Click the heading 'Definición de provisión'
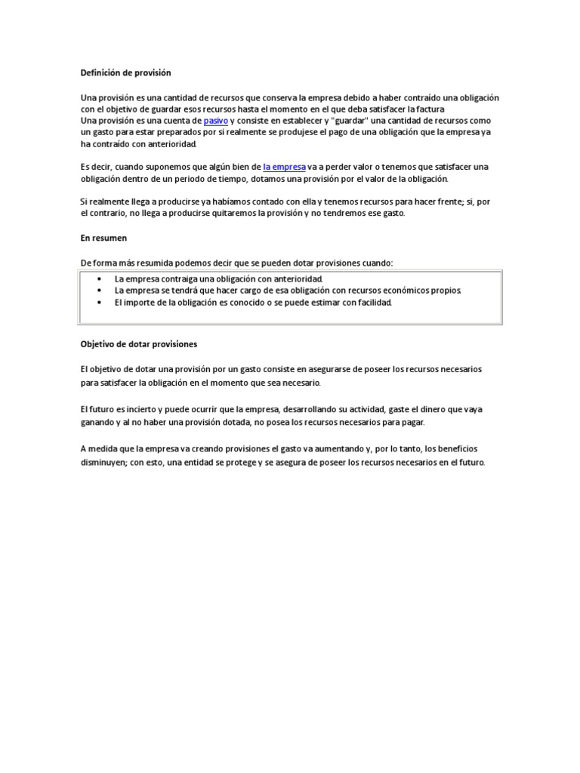click(x=125, y=72)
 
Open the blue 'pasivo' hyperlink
click(x=216, y=120)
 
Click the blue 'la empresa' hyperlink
click(x=284, y=166)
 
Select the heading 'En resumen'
click(x=104, y=237)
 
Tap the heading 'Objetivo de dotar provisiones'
click(x=139, y=343)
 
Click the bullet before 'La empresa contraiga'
click(x=100, y=279)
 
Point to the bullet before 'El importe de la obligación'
click(x=100, y=302)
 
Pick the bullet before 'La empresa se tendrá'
click(x=100, y=291)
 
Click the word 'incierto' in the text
click(x=142, y=408)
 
